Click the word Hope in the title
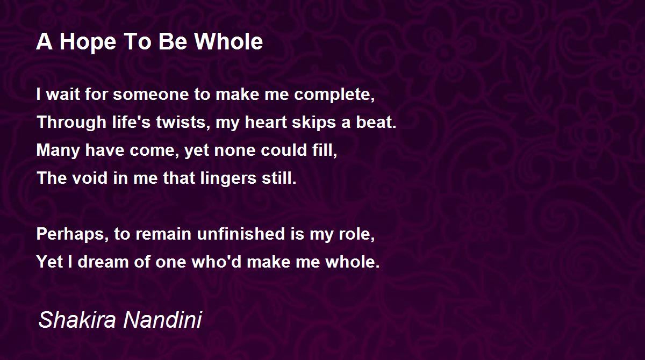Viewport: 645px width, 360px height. click(88, 42)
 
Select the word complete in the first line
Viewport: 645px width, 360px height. click(334, 95)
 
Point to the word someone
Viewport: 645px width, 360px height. click(150, 95)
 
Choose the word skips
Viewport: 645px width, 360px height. click(314, 123)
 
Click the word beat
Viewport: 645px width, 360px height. click(376, 123)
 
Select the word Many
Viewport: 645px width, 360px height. click(58, 151)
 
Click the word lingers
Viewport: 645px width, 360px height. click(228, 179)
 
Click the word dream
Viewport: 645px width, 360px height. click(103, 262)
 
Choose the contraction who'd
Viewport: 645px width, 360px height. click(217, 262)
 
